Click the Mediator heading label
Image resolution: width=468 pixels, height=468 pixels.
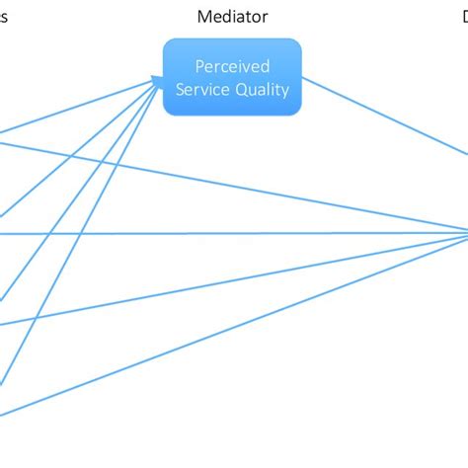232,17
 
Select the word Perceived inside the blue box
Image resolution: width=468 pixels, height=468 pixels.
231,68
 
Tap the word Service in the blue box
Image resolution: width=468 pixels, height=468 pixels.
205,90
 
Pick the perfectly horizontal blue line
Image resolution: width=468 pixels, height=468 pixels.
247,234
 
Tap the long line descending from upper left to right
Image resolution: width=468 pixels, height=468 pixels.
247,188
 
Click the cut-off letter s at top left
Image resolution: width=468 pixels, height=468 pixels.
4,17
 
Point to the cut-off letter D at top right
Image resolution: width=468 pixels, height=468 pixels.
464,17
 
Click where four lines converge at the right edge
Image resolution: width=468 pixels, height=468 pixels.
465,233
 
